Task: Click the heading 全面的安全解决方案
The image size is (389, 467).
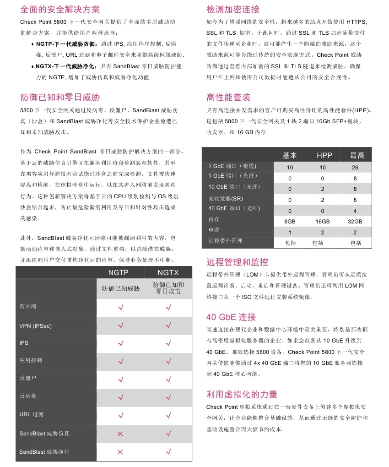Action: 60,9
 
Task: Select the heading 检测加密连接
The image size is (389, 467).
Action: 233,9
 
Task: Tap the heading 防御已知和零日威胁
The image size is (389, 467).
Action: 60,97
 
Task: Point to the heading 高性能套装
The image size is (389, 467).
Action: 228,97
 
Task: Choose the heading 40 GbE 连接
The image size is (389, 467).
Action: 231,317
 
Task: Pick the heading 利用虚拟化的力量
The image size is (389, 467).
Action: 242,394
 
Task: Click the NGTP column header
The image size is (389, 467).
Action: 121,272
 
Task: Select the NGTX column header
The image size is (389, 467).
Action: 168,272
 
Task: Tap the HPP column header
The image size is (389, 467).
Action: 324,155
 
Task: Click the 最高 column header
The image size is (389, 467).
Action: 357,155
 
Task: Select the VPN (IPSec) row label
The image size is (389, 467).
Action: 36,326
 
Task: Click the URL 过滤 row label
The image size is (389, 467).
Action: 32,414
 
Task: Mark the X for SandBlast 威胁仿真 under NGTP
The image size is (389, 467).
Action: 120,434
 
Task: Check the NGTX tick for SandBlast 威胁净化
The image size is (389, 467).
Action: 168,452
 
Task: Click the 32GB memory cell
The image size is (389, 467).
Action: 355,222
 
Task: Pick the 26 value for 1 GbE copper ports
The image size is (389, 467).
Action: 355,168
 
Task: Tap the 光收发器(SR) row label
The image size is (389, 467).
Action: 226,199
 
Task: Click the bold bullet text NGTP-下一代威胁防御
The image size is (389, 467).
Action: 66,44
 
